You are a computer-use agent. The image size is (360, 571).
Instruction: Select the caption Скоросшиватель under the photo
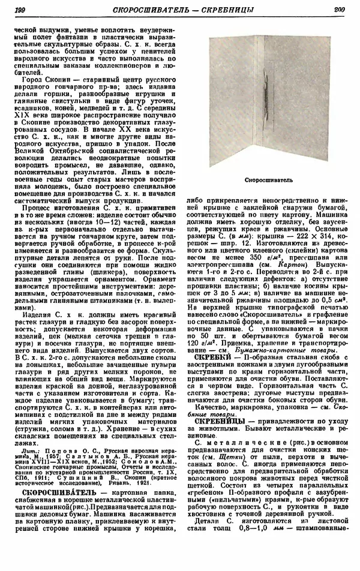click(x=268, y=178)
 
